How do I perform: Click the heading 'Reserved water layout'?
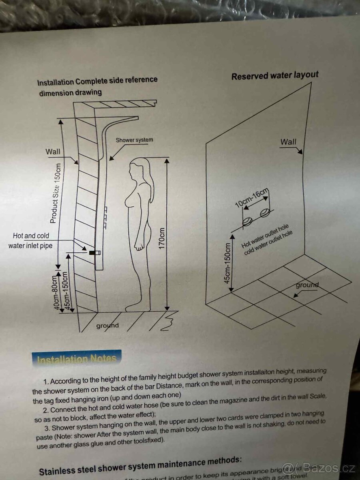pyautogui.click(x=275, y=75)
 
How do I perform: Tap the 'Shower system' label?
pyautogui.click(x=134, y=140)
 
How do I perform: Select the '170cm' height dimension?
pyautogui.click(x=162, y=238)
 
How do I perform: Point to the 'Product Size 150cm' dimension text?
pyautogui.click(x=55, y=193)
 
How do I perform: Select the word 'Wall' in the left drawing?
pyautogui.click(x=53, y=152)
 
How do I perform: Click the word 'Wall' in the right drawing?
pyautogui.click(x=288, y=142)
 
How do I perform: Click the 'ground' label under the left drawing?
pyautogui.click(x=107, y=326)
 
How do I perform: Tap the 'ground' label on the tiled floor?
pyautogui.click(x=307, y=285)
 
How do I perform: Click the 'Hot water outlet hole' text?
pyautogui.click(x=265, y=236)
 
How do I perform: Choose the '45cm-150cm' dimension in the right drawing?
pyautogui.click(x=228, y=263)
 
